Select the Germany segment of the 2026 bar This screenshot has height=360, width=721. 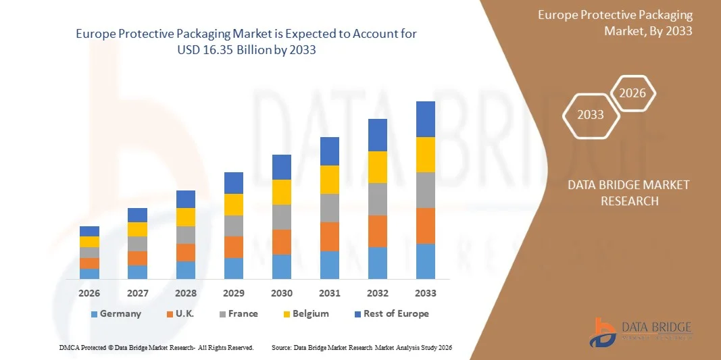point(89,274)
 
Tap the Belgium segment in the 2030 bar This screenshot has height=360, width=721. point(282,192)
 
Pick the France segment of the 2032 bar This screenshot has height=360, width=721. point(378,199)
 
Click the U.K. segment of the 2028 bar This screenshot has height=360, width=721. point(186,253)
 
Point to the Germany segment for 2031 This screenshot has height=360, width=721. point(330,265)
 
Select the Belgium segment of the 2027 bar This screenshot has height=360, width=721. point(137,229)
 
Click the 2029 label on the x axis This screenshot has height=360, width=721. point(234,293)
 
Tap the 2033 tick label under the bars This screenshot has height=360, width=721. point(426,293)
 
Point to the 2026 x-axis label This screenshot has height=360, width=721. point(89,293)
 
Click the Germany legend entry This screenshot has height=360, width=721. point(116,313)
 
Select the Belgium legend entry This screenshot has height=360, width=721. point(305,313)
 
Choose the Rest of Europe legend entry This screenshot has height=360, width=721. point(391,313)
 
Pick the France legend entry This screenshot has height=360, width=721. point(238,313)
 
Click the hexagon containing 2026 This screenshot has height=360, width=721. point(633,94)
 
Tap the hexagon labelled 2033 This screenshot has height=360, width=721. point(591,115)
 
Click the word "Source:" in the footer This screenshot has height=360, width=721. point(281,347)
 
